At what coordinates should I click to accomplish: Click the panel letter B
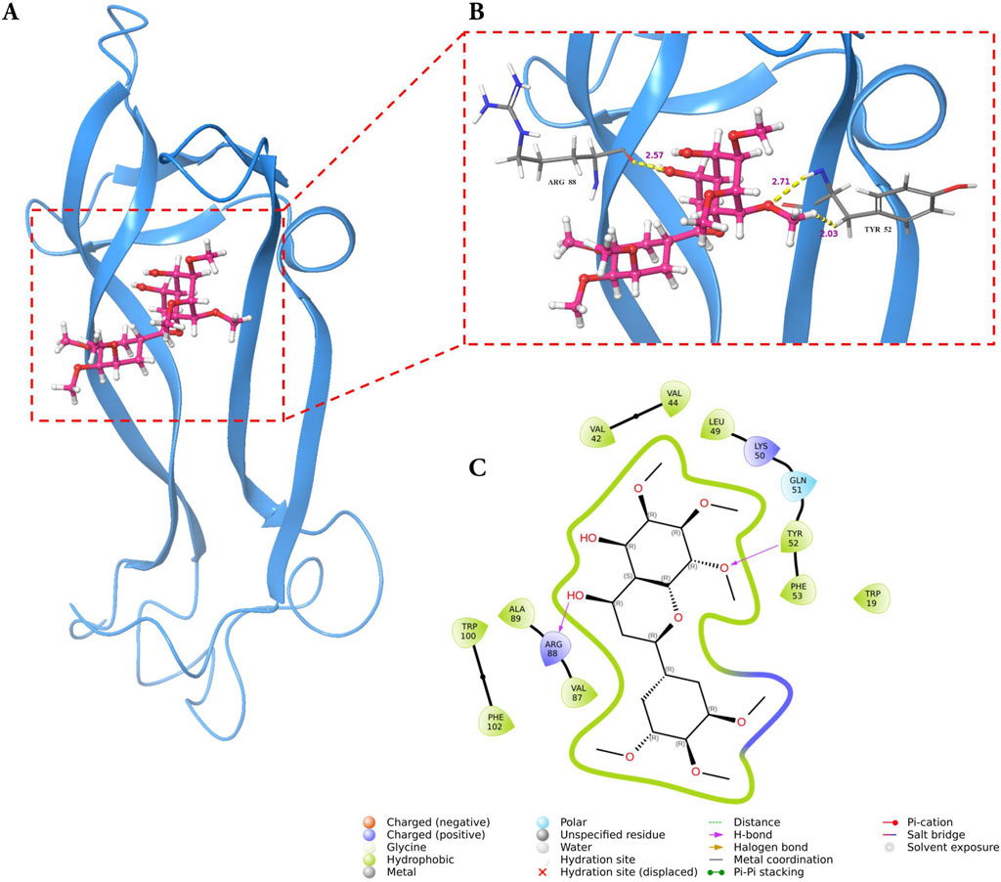tap(476, 13)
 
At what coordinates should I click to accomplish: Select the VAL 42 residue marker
tap(597, 431)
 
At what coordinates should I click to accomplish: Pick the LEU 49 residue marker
tap(718, 426)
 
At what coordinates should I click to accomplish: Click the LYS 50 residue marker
tap(762, 450)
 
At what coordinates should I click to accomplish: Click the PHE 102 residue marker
tap(496, 723)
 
